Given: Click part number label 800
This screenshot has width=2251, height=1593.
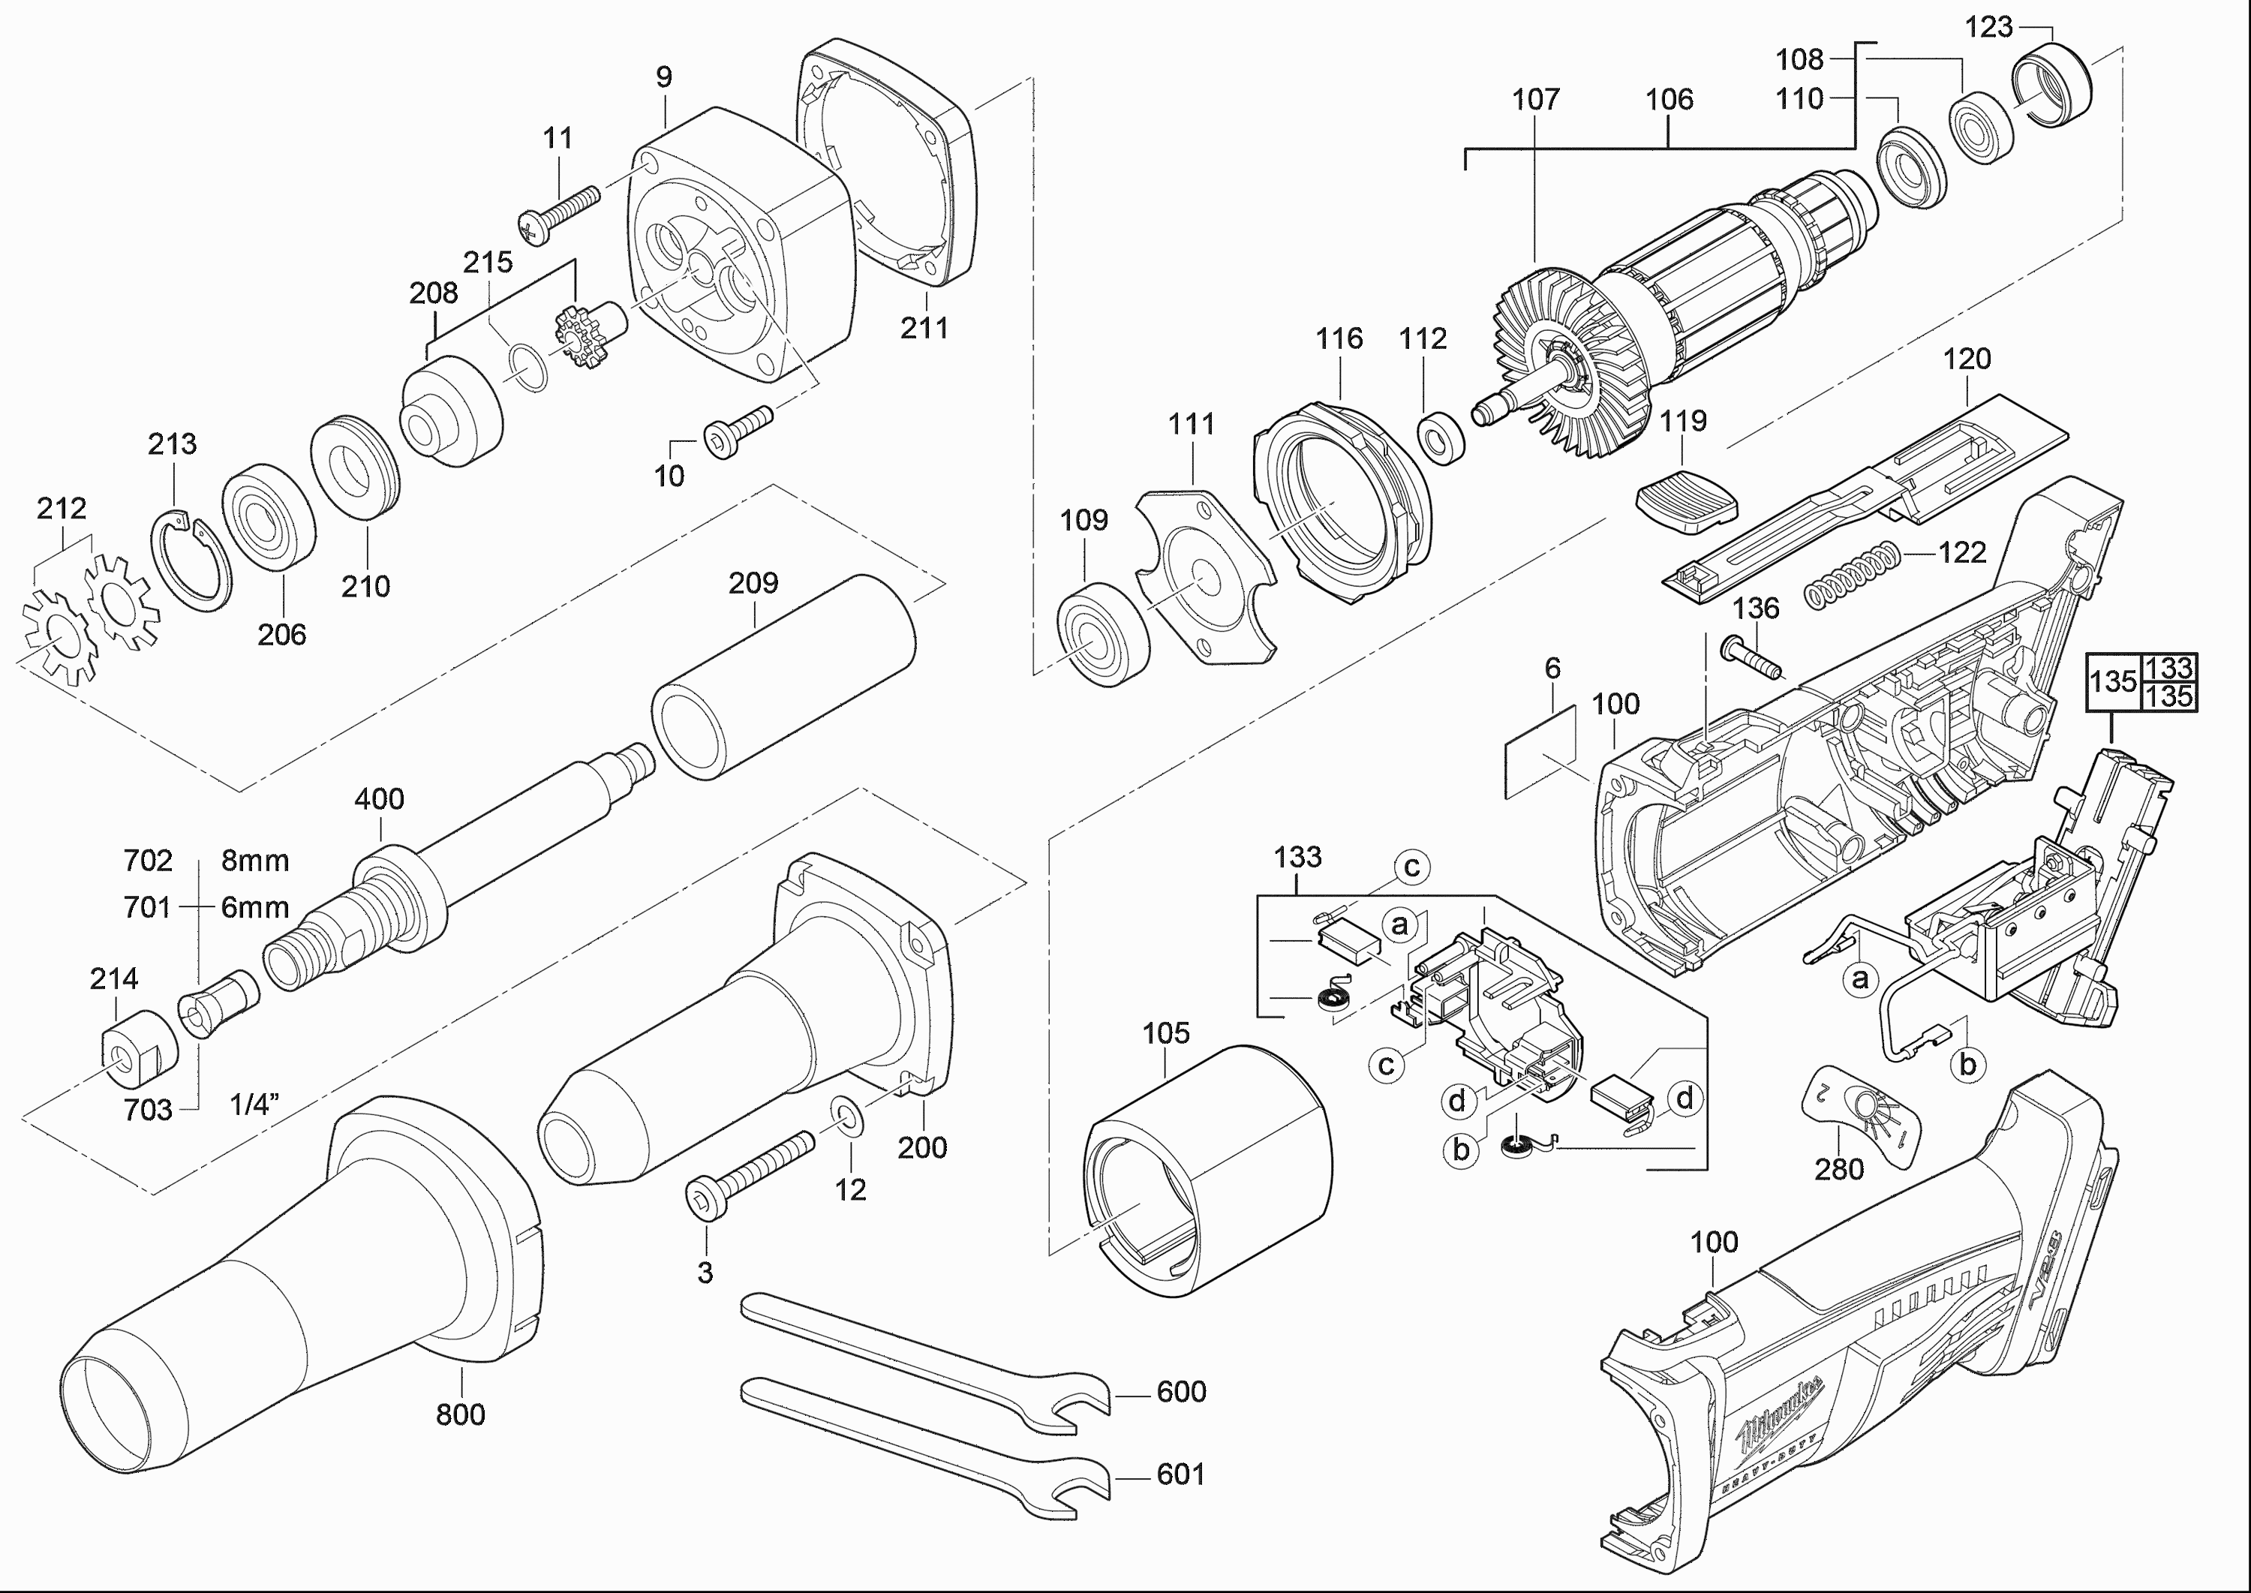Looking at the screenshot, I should pos(460,1414).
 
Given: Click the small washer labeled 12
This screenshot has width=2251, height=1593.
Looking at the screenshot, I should pos(846,1117).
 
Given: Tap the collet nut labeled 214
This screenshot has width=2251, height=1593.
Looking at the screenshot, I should pos(137,1050).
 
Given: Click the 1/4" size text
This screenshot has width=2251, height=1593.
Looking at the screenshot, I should pos(255,1105).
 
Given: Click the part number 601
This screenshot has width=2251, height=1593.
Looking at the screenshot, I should pos(1180,1474).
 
